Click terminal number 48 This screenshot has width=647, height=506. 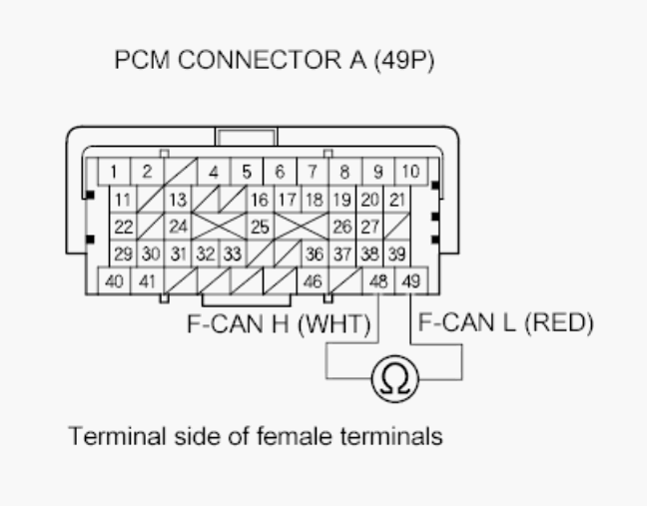377,281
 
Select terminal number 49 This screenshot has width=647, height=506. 409,281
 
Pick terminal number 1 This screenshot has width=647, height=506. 116,171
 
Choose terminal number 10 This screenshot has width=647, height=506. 410,171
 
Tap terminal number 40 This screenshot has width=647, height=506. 115,281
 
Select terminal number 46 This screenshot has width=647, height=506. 313,281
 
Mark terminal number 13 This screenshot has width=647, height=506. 177,199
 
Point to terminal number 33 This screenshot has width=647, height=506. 232,253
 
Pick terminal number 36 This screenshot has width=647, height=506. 315,253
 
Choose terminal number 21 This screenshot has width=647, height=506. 396,199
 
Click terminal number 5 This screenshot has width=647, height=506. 246,171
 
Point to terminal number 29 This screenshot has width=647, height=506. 124,253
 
